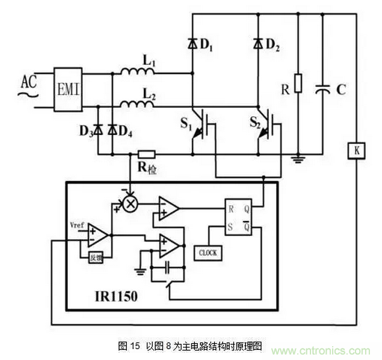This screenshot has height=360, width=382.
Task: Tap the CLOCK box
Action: [x=207, y=253]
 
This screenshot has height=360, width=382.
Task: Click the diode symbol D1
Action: [x=192, y=43]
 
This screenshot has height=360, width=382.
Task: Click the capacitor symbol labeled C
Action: [x=322, y=90]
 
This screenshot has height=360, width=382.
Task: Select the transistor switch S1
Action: [x=202, y=126]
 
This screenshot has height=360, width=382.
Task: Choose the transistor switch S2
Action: [x=268, y=126]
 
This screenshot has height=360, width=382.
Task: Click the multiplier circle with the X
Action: [x=130, y=205]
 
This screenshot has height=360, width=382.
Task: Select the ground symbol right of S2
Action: [x=296, y=159]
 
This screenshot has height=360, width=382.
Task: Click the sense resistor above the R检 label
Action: [x=147, y=154]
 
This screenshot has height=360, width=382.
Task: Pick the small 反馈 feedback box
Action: [x=97, y=257]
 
